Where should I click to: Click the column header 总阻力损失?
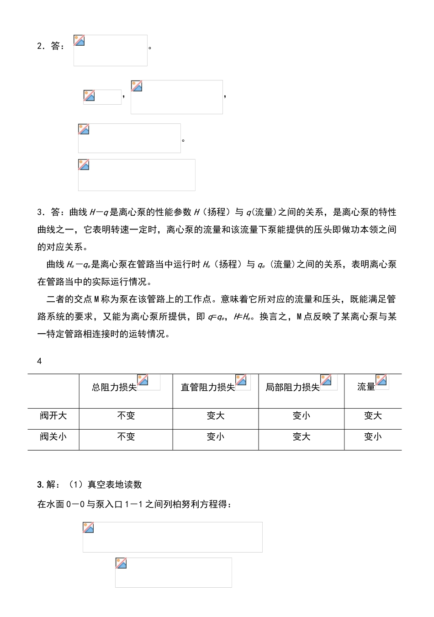(x=114, y=388)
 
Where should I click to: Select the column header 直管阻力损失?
(x=208, y=388)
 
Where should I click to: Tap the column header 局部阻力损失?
(x=292, y=388)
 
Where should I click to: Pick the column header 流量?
(x=366, y=387)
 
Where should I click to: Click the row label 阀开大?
(x=53, y=416)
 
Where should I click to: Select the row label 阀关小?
(x=53, y=437)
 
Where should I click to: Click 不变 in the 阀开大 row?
(x=126, y=416)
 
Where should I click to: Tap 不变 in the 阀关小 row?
(x=126, y=437)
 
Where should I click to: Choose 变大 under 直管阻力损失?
(x=216, y=416)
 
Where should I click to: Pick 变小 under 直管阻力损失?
(x=216, y=437)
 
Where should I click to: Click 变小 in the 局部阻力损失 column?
(x=302, y=416)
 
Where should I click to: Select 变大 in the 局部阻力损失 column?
(x=302, y=437)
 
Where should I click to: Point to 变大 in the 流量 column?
(x=373, y=416)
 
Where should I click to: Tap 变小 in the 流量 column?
(x=373, y=437)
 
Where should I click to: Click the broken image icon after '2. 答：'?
(x=79, y=41)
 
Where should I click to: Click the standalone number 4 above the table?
(x=39, y=361)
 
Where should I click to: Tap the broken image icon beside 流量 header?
(x=381, y=380)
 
